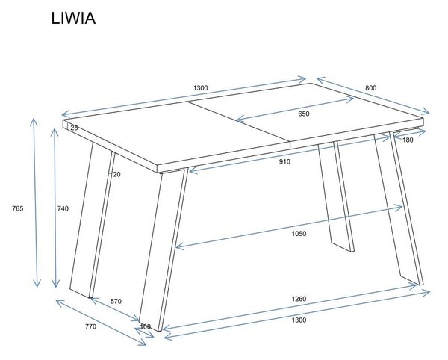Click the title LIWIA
coord(73,18)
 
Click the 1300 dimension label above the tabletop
coord(201,87)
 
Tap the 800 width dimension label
coord(370,87)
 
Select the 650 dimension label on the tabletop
coord(304,114)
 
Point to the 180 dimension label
coord(408,140)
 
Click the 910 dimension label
coord(284,162)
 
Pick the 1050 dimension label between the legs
coord(299,234)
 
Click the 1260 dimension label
coord(299,299)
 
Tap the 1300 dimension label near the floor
coord(299,320)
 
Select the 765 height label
coord(17,208)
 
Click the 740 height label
coord(63,208)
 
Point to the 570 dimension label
coord(116,301)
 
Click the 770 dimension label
coord(90,326)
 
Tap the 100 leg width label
coord(146,326)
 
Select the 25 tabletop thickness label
coord(74,128)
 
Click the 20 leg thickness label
coord(116,174)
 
